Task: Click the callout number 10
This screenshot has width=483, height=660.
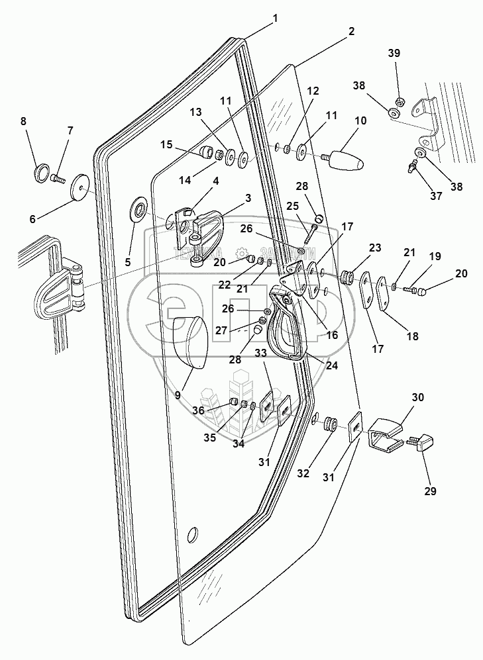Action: pos(360,121)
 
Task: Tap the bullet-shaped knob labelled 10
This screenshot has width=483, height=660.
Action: pos(347,160)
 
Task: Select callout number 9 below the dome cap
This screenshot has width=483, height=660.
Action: pos(177,397)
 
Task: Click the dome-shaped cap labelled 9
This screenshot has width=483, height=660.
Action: pos(189,341)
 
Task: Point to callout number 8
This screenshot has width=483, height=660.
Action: pos(24,121)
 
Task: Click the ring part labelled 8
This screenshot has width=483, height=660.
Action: pos(41,174)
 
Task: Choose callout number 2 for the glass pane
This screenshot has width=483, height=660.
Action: pos(350,31)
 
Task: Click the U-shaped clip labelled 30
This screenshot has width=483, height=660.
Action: pos(383,435)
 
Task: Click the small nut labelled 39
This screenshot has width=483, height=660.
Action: pos(400,100)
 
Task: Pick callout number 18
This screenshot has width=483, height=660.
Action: pos(412,336)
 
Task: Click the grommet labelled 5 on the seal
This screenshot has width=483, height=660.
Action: pos(140,211)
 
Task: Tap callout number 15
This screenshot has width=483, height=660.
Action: pos(165,144)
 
